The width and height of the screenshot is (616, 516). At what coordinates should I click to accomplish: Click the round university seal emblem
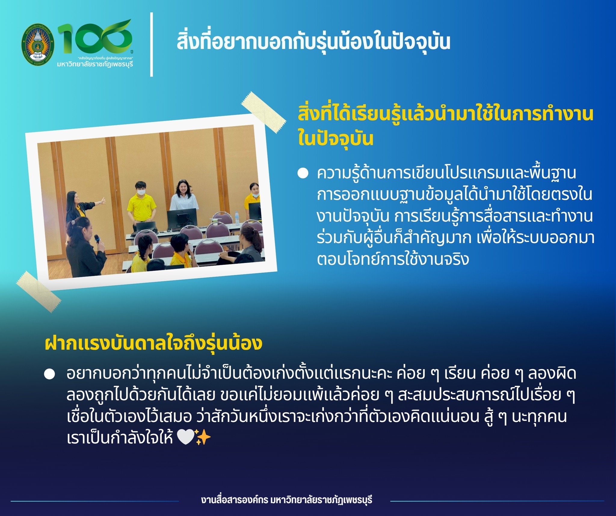pos(38,44)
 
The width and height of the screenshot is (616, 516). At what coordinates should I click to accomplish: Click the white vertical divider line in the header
pos(152,44)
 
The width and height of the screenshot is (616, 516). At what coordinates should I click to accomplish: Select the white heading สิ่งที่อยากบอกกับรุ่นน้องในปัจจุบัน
pos(313,42)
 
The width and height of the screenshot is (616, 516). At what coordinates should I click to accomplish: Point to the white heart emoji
pos(186,437)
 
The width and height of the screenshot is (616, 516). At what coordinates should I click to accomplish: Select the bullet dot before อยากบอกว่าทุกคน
pos(50,374)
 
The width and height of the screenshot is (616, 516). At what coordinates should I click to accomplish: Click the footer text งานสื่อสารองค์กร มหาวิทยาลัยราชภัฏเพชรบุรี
pos(287,500)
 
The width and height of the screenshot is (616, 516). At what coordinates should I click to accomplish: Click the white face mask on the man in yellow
pos(141,192)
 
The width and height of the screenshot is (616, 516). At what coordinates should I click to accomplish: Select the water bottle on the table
pos(237,218)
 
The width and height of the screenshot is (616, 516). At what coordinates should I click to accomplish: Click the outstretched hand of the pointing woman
pos(103,201)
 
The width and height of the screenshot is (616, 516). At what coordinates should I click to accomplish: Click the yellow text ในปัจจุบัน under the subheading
pos(335,139)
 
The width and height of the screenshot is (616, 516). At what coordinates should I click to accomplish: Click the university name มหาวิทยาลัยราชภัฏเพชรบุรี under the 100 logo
pos(95,64)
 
